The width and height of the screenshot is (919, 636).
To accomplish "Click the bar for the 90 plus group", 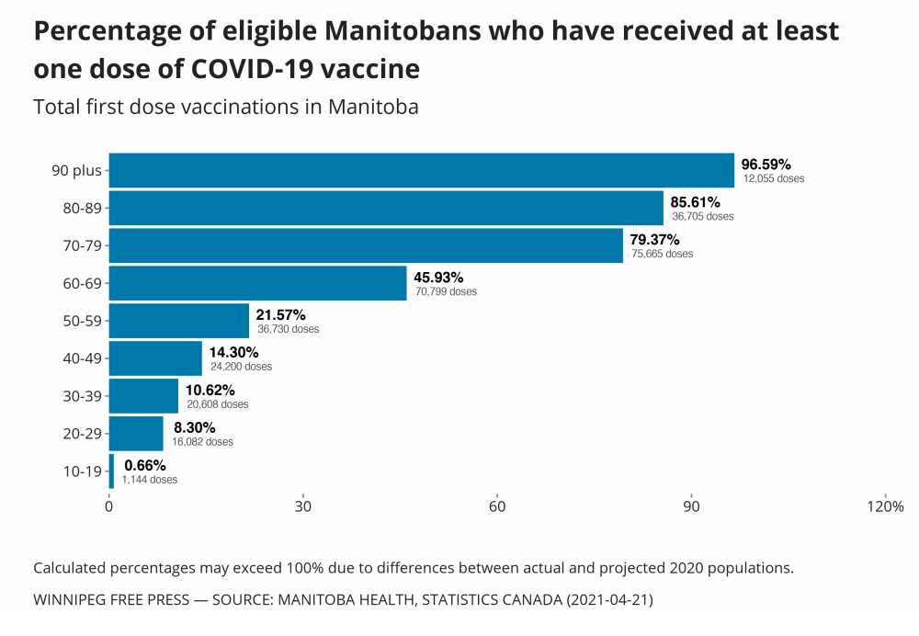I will pyautogui.click(x=421, y=170).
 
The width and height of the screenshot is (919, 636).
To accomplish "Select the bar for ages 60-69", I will pyautogui.click(x=257, y=283).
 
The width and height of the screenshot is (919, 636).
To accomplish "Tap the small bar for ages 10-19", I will pyautogui.click(x=111, y=471).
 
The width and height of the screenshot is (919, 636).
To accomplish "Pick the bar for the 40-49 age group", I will pyautogui.click(x=155, y=358).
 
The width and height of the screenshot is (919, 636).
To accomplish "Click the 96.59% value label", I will pyautogui.click(x=766, y=164).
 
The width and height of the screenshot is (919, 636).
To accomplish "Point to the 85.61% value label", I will pyautogui.click(x=695, y=201).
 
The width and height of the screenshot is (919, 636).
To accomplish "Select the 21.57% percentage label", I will pyautogui.click(x=280, y=314).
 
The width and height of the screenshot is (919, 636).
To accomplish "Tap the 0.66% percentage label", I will pyautogui.click(x=144, y=465).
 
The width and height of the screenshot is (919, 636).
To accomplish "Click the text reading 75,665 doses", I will pyautogui.click(x=662, y=254).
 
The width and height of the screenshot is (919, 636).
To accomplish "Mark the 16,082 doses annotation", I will pyautogui.click(x=202, y=442).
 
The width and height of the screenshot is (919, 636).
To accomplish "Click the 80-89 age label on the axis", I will pyautogui.click(x=81, y=208).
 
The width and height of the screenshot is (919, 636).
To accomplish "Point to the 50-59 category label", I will pyautogui.click(x=81, y=321).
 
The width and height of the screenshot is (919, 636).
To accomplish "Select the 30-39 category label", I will pyautogui.click(x=81, y=396).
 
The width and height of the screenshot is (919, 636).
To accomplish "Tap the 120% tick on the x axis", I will pyautogui.click(x=886, y=506).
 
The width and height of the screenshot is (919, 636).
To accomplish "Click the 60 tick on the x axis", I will pyautogui.click(x=497, y=506).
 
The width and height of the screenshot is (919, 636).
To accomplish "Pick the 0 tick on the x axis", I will pyautogui.click(x=109, y=506).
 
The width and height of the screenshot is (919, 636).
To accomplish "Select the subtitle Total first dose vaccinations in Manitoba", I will pyautogui.click(x=226, y=107).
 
